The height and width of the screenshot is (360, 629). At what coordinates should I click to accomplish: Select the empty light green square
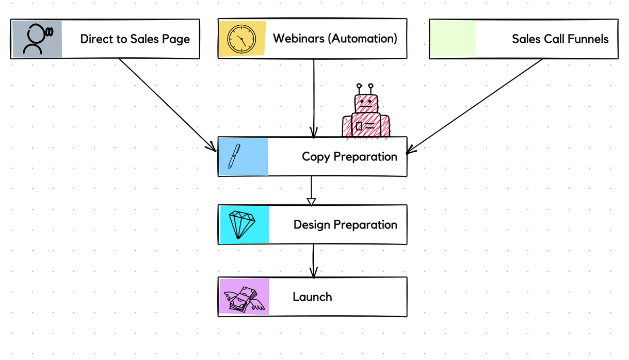pyautogui.click(x=453, y=39)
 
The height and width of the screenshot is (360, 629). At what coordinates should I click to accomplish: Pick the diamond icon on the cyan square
pyautogui.click(x=242, y=224)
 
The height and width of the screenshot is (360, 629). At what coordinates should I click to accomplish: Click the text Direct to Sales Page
pyautogui.click(x=135, y=39)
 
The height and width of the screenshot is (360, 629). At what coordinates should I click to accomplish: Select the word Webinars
pyautogui.click(x=299, y=38)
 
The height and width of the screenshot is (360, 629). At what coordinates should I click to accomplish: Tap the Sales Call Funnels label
pyautogui.click(x=560, y=39)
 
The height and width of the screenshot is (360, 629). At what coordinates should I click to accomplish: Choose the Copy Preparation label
pyautogui.click(x=349, y=156)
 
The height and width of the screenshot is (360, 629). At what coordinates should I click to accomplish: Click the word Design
pyautogui.click(x=312, y=224)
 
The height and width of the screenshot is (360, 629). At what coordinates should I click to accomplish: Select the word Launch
pyautogui.click(x=312, y=297)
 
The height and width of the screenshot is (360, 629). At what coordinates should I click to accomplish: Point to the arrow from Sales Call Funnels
pyautogui.click(x=475, y=106)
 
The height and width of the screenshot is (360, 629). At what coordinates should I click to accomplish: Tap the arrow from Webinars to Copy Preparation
pyautogui.click(x=314, y=98)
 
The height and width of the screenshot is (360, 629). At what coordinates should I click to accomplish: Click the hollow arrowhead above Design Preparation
pyautogui.click(x=311, y=201)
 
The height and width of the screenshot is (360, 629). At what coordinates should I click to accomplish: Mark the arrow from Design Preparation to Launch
pyautogui.click(x=313, y=260)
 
